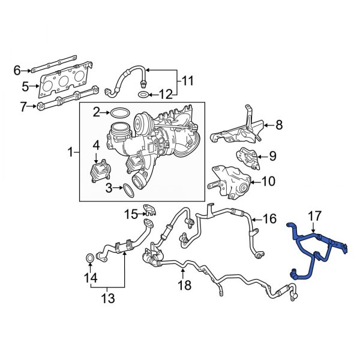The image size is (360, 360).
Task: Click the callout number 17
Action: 316,214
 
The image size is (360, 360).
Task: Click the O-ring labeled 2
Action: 120,112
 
